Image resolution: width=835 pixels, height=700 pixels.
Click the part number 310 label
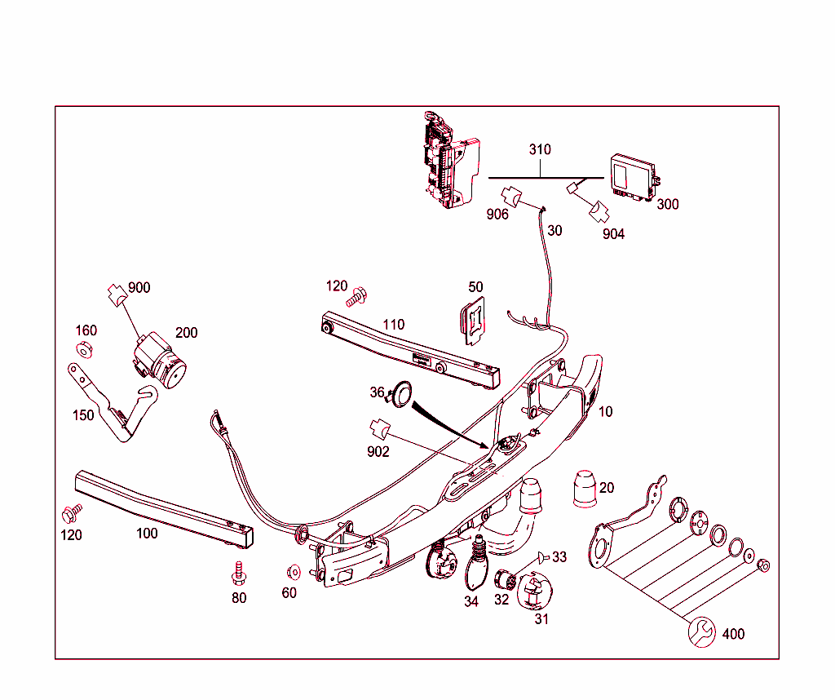coord(540,150)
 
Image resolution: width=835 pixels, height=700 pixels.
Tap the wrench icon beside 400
coord(702,632)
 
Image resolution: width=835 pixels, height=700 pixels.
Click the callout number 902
coord(378,451)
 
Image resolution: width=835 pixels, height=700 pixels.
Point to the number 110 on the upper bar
coord(394,325)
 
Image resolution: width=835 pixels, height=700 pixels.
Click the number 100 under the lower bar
coord(147,534)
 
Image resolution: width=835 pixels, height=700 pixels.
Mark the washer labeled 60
coord(293,572)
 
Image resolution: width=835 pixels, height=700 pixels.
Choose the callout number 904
coord(613,234)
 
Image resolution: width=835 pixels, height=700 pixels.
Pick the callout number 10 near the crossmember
coord(605,412)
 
